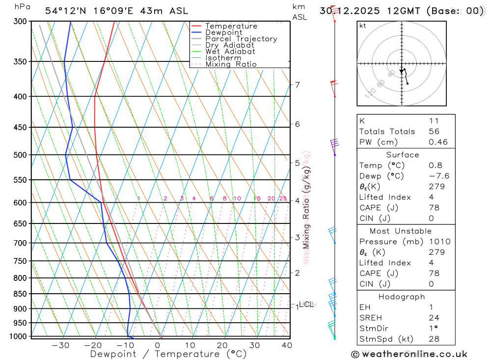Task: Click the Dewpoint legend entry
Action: click(223, 32)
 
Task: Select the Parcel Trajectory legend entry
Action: click(241, 39)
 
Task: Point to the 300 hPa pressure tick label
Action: click(20, 22)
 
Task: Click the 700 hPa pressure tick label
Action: click(20, 243)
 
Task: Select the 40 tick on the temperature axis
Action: click(286, 345)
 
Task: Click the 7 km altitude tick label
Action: click(297, 84)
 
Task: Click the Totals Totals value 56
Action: click(434, 132)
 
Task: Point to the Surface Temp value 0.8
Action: click(435, 166)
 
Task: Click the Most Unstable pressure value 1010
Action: click(439, 242)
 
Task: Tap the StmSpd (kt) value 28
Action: click(434, 339)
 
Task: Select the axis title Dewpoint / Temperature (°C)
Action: click(168, 354)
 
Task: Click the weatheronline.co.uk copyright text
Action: click(409, 354)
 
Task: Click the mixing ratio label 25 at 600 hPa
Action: click(283, 198)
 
